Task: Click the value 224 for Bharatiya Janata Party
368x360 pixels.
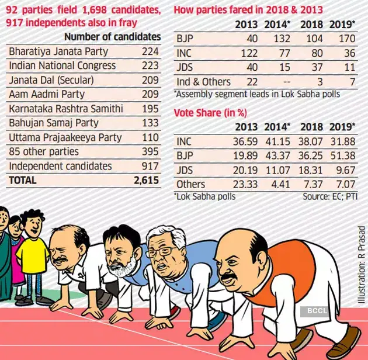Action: coord(150,51)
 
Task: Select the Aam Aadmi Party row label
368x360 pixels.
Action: coord(47,94)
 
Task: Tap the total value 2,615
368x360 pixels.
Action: coord(145,181)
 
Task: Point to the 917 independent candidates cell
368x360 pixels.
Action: coord(150,166)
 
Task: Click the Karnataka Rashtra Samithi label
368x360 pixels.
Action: coord(65,109)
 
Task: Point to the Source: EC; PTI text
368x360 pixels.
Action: coord(330,196)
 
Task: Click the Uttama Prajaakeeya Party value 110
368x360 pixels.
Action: coord(150,137)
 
